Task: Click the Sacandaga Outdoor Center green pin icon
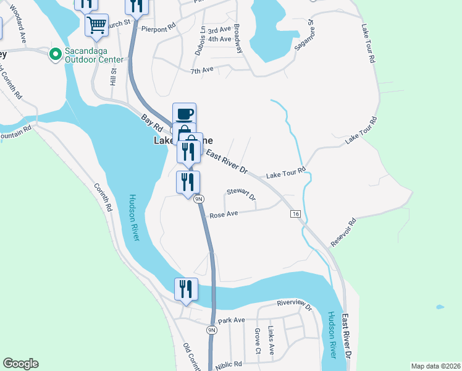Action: tap(55, 55)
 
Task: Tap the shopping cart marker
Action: tap(96, 25)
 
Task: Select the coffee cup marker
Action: tap(184, 114)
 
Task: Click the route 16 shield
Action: tap(296, 213)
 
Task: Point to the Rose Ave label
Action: tap(224, 215)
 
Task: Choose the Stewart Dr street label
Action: tap(241, 195)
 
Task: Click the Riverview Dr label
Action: tap(295, 304)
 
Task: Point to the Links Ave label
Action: tap(271, 336)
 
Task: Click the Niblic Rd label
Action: tap(229, 365)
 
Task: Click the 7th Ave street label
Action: tap(201, 70)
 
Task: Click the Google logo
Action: tap(20, 364)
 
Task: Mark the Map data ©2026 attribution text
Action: tap(435, 366)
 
